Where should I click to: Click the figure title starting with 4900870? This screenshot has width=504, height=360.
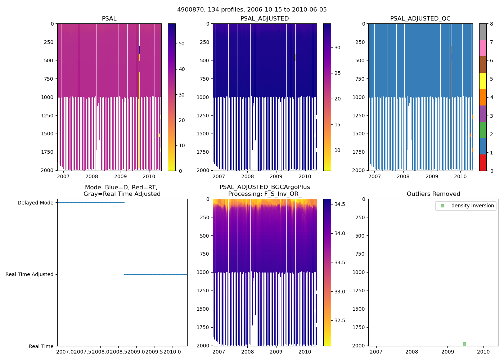[252, 10]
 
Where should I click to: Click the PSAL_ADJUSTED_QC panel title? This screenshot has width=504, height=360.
[420, 19]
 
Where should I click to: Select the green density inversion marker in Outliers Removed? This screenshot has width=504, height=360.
[464, 344]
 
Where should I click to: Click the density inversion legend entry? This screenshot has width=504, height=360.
[472, 206]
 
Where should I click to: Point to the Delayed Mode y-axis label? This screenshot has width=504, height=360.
[35, 203]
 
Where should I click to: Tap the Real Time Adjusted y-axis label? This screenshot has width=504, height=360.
[29, 274]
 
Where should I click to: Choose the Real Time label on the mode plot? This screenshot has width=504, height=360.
[41, 346]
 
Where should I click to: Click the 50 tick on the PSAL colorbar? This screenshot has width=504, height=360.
[181, 44]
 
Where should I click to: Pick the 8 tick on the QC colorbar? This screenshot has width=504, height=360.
[491, 24]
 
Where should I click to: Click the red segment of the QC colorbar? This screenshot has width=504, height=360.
[483, 162]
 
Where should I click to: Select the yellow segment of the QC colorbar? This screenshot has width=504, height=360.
[483, 81]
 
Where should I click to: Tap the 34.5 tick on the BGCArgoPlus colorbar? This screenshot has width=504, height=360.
[339, 204]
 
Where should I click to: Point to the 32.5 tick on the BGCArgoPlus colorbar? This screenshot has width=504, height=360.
[339, 320]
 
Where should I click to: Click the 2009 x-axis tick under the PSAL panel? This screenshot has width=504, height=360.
[120, 176]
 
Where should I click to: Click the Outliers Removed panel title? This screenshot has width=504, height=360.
[433, 194]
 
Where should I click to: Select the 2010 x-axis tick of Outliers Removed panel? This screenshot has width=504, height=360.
[483, 352]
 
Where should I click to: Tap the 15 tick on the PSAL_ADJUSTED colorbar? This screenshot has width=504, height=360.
[337, 125]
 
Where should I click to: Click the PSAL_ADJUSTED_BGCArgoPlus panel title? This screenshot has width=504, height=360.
[265, 190]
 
